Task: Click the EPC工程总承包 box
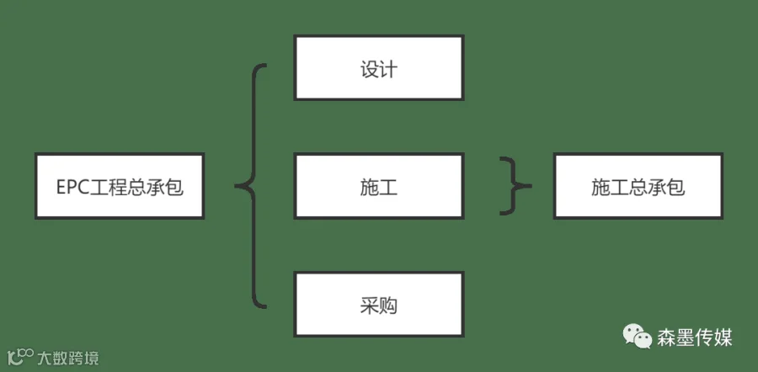coord(120,186)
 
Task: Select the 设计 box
coord(379,67)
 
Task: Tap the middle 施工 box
coord(379,186)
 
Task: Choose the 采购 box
coord(379,304)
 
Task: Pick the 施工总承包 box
coord(638,186)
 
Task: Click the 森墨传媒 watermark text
coord(695,337)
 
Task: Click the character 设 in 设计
coord(370,69)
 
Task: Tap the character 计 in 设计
coord(388,69)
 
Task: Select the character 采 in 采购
coord(370,306)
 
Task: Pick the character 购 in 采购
coord(388,306)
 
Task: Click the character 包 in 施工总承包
coord(675,188)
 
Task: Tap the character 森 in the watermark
coord(667,337)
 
